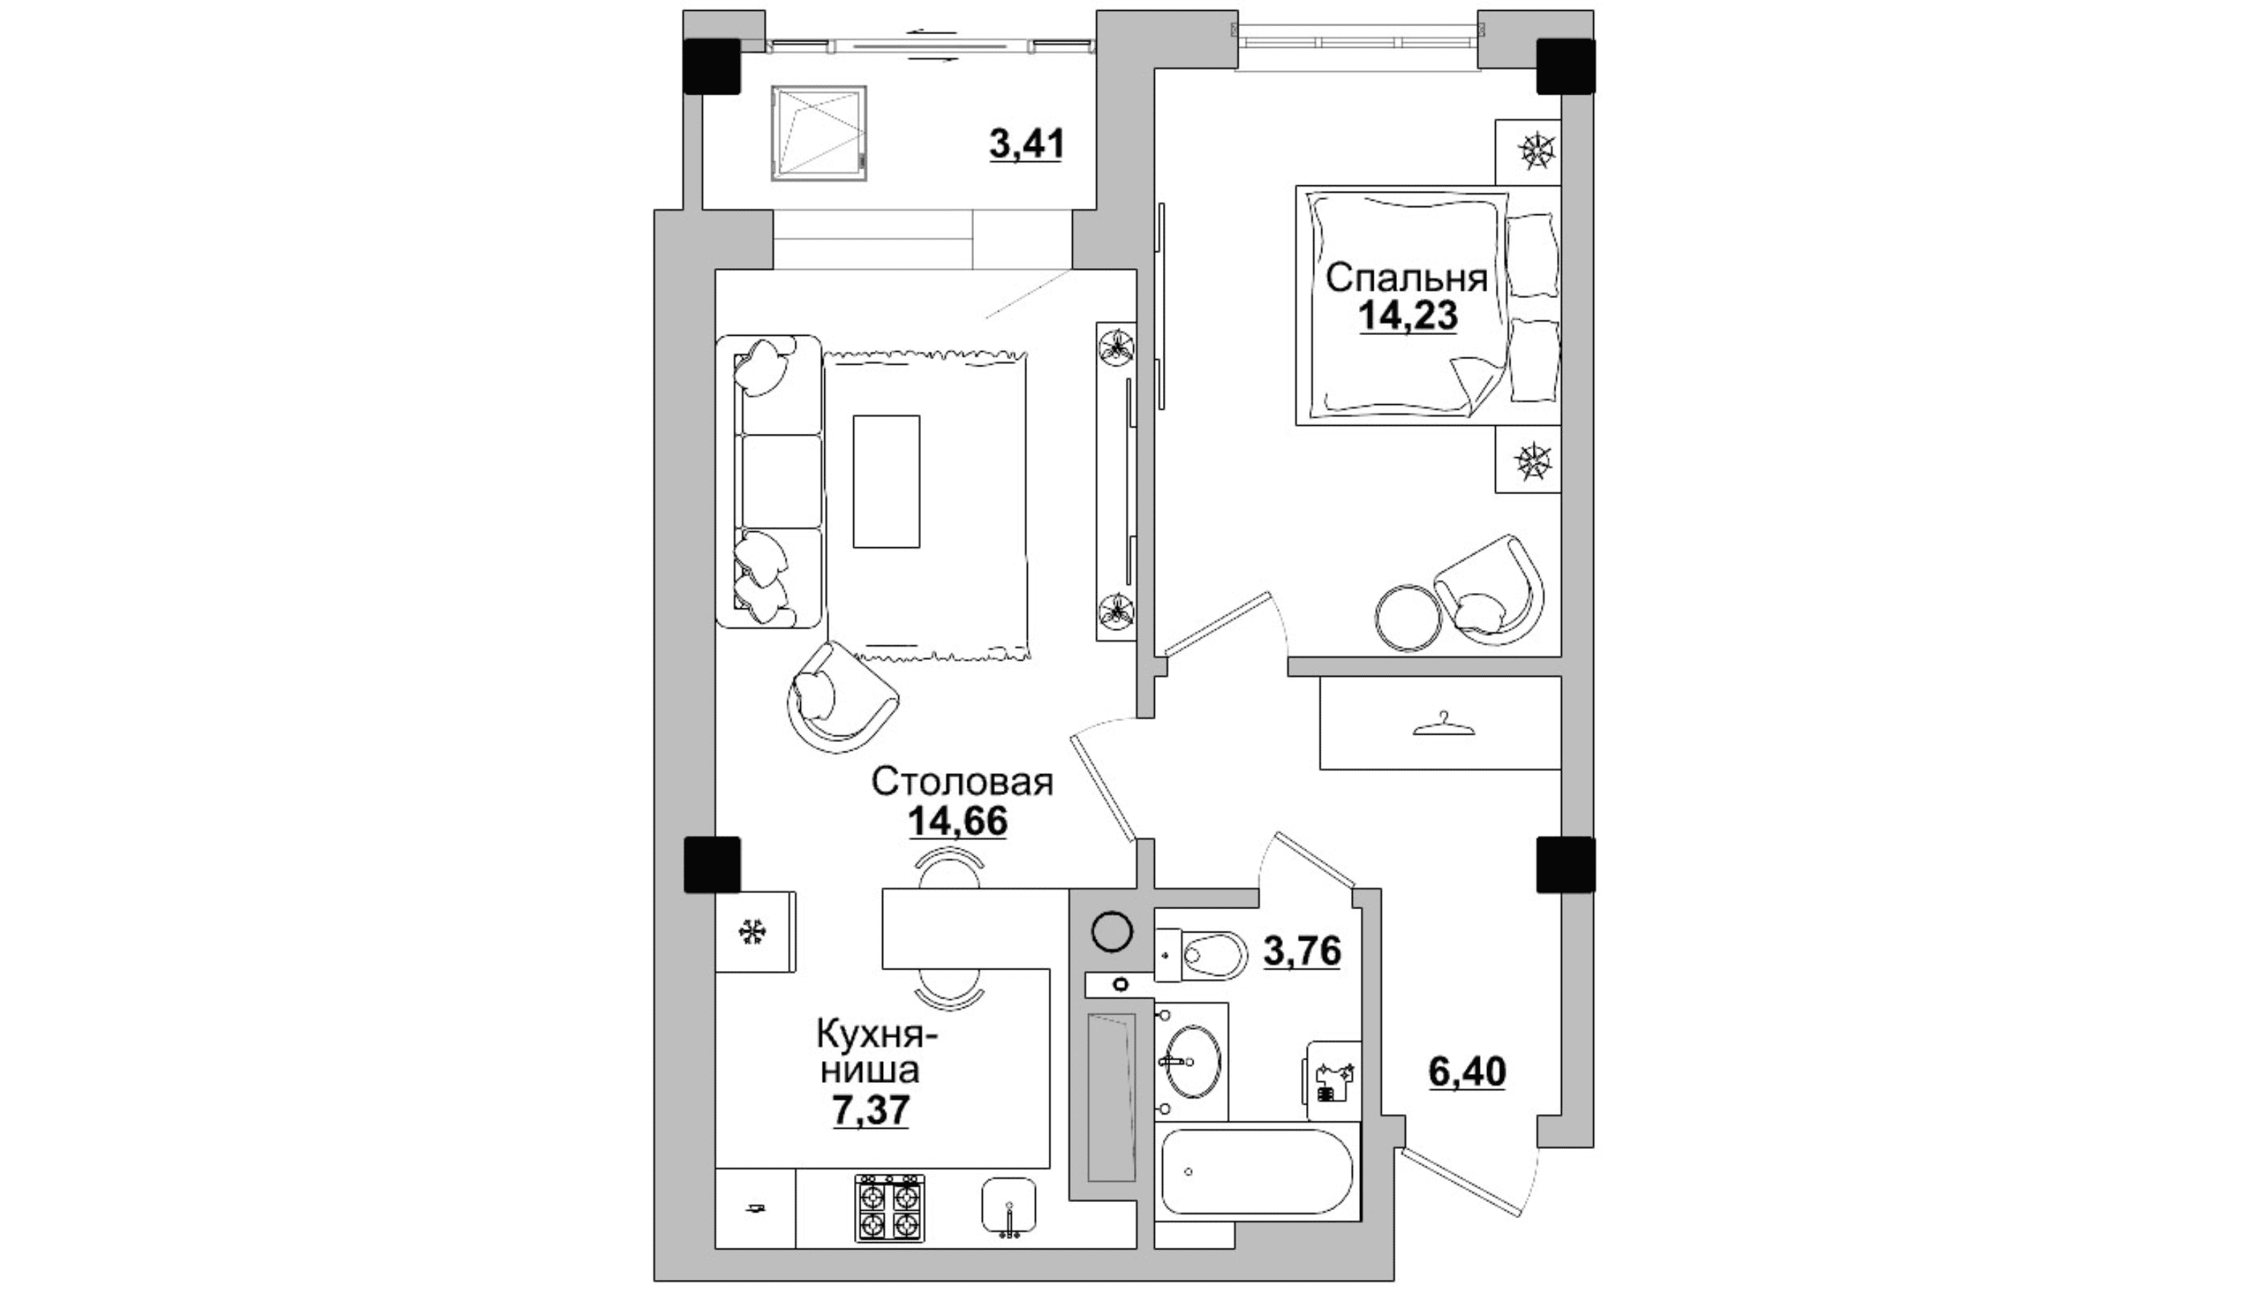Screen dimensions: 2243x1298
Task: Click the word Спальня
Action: pyautogui.click(x=1406, y=278)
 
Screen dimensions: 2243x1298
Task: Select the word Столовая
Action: pyautogui.click(x=962, y=782)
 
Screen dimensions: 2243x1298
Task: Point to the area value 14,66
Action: pyautogui.click(x=958, y=821)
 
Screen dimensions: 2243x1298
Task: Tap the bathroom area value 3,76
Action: pyautogui.click(x=1302, y=951)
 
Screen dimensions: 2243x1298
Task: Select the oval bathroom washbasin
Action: pyautogui.click(x=1193, y=1061)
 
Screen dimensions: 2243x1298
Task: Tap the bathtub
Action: pyautogui.click(x=1257, y=1171)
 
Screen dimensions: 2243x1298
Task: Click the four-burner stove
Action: pyautogui.click(x=890, y=1207)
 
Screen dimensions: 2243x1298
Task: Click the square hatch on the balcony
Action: pyautogui.click(x=820, y=134)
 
